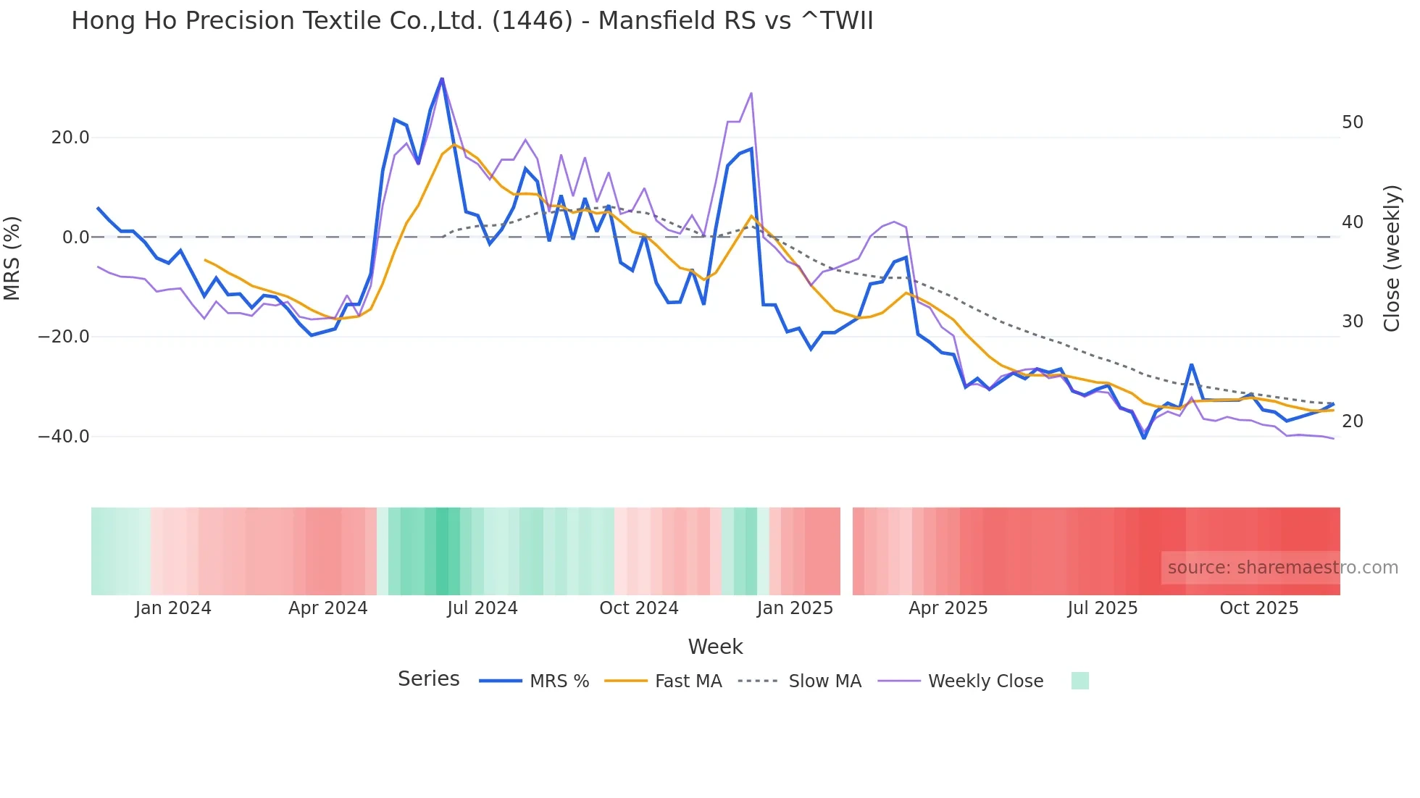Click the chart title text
point(472,21)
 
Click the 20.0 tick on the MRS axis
point(70,138)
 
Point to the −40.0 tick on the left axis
point(64,437)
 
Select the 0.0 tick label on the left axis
point(75,238)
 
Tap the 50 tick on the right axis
point(1352,122)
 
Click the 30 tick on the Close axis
point(1352,322)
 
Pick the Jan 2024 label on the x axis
point(173,608)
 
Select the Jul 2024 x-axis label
point(483,608)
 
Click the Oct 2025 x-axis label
point(1258,608)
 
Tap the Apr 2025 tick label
point(948,608)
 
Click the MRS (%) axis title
point(12,258)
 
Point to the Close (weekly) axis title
point(1392,258)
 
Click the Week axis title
point(715,647)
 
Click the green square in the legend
point(1079,681)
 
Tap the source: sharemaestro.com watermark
point(1282,568)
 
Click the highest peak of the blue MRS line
point(442,79)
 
